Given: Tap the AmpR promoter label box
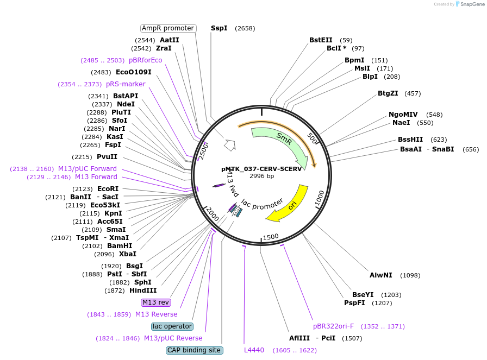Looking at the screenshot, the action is pyautogui.click(x=168, y=28).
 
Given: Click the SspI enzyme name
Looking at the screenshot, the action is pyautogui.click(x=219, y=28).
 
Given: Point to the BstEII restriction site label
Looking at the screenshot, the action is pyautogui.click(x=321, y=40).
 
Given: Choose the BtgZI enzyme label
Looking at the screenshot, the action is pyautogui.click(x=388, y=93).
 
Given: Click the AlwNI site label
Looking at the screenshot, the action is pyautogui.click(x=381, y=275).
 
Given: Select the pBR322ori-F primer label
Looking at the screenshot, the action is pyautogui.click(x=333, y=326).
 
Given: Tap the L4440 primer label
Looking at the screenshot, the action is pyautogui.click(x=254, y=350).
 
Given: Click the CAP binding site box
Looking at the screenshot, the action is pyautogui.click(x=194, y=350).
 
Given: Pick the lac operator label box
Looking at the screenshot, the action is pyautogui.click(x=172, y=326).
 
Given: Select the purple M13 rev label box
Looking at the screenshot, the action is pyautogui.click(x=156, y=302).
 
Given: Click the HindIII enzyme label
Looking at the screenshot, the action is pyautogui.click(x=143, y=290).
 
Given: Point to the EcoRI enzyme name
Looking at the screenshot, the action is pyautogui.click(x=108, y=189).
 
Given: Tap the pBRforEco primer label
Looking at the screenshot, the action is pyautogui.click(x=145, y=60).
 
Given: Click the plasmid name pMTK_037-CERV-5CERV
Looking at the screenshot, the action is pyautogui.click(x=261, y=169).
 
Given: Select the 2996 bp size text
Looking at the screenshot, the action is pyautogui.click(x=261, y=176).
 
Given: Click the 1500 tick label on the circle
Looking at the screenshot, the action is pyautogui.click(x=271, y=237).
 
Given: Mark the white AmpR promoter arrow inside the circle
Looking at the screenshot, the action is pyautogui.click(x=230, y=145).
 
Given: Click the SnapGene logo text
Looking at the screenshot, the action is pyautogui.click(x=472, y=4).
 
